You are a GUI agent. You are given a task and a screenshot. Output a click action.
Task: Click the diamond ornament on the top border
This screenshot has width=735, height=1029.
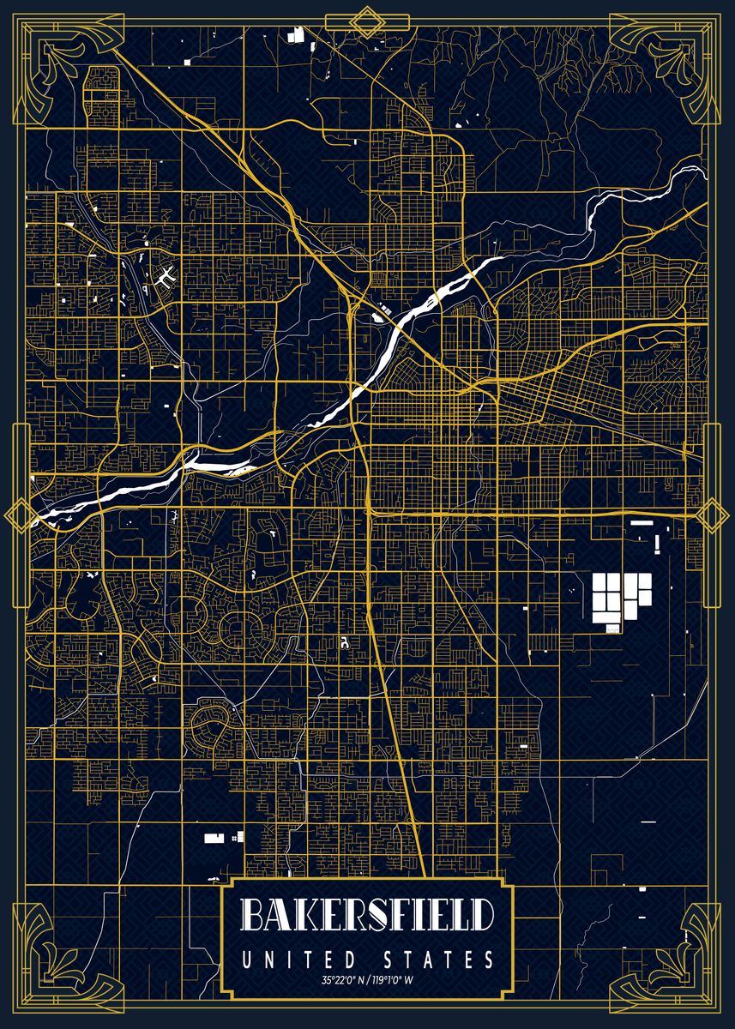pos(368,21)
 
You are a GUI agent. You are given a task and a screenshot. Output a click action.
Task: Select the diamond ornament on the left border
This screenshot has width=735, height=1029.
pos(17,514)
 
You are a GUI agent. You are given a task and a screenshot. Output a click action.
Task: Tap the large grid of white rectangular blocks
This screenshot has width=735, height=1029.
pos(620,595)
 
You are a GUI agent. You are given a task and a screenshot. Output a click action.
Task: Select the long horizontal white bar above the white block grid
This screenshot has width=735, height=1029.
pos(642,521)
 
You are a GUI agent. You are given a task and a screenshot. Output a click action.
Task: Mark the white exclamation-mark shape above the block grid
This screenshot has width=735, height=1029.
pos(658,544)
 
